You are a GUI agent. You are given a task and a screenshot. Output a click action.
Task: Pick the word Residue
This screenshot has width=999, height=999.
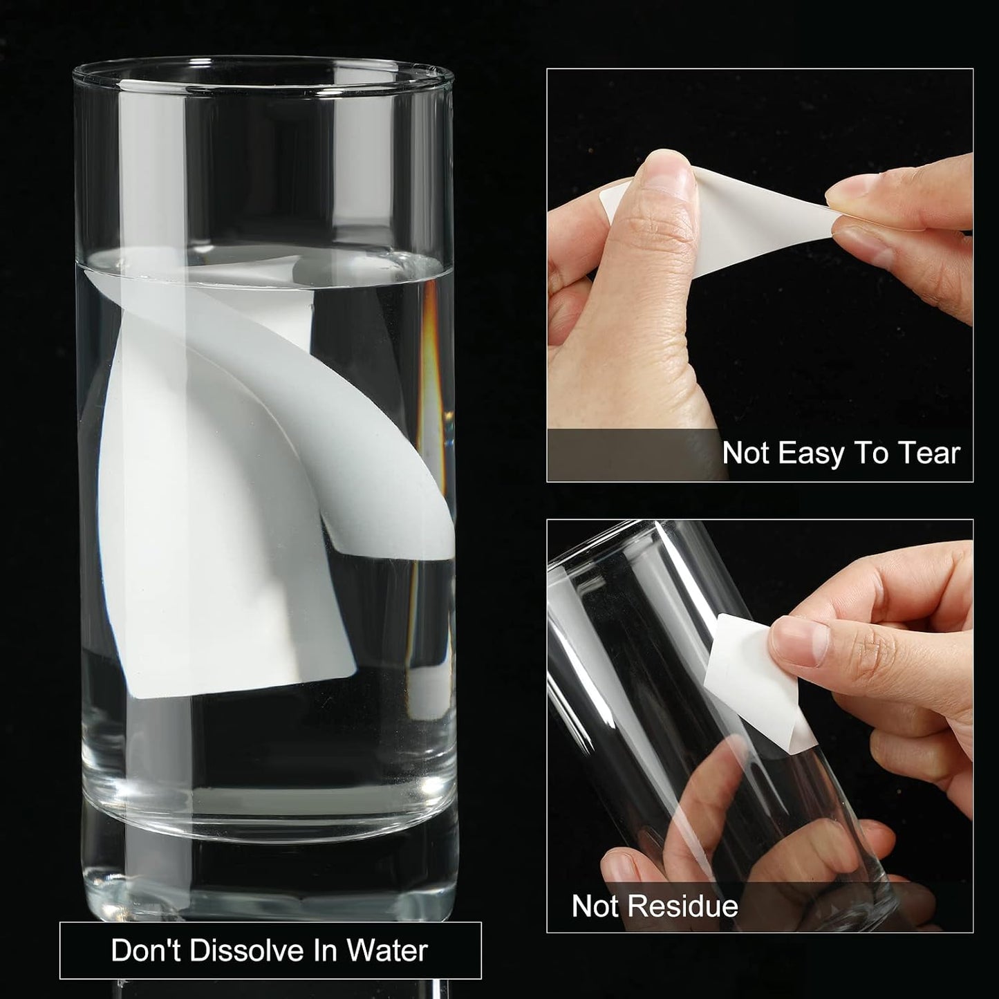point(684,906)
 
